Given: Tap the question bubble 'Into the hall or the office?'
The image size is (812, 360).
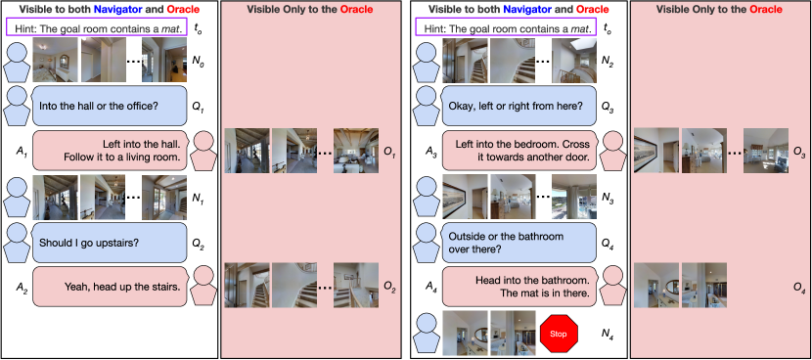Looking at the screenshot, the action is click(110, 107).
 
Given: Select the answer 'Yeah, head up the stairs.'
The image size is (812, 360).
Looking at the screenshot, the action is click(110, 286).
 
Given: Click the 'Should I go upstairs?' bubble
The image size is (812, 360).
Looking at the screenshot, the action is click(110, 243).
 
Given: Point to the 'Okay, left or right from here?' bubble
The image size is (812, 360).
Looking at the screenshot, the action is click(519, 107).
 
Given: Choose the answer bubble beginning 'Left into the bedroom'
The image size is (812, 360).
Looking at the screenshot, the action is click(519, 150).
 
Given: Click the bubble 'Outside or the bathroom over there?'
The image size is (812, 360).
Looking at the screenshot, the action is click(519, 243).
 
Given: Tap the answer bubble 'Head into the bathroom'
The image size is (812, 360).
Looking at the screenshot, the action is click(519, 286).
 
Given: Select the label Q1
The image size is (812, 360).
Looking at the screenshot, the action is click(198, 110).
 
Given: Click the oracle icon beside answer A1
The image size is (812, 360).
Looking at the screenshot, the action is click(204, 151).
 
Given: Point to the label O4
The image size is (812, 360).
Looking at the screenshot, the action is click(799, 287).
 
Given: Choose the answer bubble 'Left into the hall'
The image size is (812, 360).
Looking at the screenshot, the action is click(110, 150).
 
